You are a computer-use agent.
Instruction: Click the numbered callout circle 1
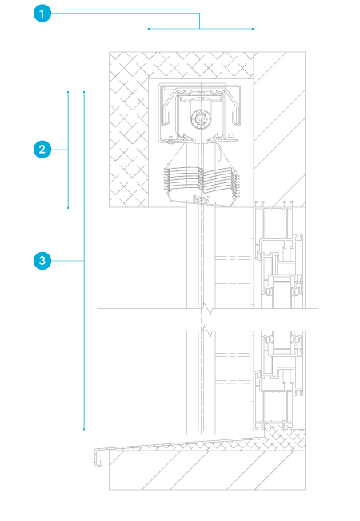42,14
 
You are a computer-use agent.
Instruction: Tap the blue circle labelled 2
42,150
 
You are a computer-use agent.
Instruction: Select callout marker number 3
42,261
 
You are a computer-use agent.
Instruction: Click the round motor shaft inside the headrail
199,118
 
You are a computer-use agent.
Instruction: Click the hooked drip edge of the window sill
98,458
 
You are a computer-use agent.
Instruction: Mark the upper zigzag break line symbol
207,309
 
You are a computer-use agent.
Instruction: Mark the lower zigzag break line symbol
207,331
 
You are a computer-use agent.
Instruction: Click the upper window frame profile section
278,254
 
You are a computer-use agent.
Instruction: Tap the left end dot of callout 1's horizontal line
149,29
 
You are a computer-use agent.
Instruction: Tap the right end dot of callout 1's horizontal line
253,29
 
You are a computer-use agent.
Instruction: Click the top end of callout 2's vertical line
68,92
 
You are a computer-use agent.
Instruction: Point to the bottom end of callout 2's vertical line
68,208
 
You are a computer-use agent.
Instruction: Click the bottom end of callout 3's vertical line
84,429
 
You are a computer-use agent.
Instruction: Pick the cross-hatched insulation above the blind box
182,65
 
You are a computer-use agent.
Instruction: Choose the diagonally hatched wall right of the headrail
279,130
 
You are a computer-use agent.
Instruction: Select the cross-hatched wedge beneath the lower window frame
285,436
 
